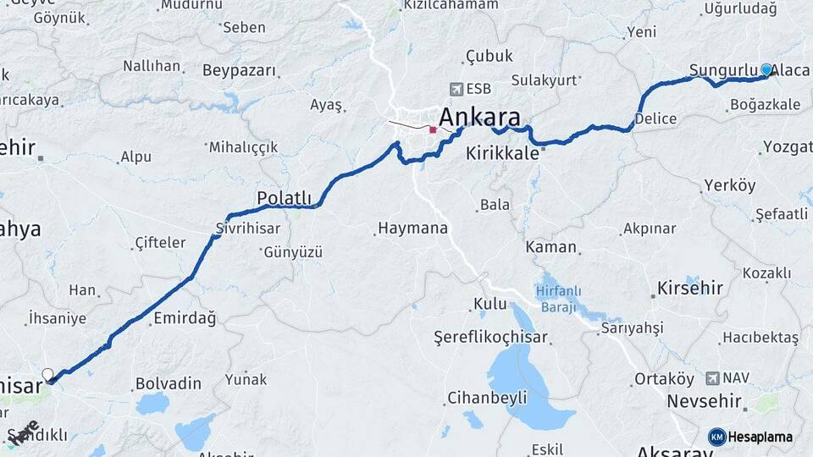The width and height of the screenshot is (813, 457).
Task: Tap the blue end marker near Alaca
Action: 766,69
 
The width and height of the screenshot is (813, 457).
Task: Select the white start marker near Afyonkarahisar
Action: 47,374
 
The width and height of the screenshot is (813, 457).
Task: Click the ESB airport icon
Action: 458,88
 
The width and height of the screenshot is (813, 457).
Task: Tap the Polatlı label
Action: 284,198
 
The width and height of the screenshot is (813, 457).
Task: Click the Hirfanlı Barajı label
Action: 558,299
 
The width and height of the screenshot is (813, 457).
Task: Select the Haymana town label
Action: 412,228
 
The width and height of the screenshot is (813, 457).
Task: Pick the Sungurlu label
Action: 722,69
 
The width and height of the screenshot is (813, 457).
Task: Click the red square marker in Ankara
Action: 433,130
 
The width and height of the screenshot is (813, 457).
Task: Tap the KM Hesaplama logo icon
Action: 717,437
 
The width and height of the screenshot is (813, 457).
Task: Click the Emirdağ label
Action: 185,319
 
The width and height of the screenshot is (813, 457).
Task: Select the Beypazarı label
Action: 240,70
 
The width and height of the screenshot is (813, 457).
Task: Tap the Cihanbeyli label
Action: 487,397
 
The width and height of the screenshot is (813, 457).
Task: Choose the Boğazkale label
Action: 764,105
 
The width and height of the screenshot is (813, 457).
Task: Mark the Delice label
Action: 655,118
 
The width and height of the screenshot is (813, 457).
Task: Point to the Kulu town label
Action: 489,304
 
